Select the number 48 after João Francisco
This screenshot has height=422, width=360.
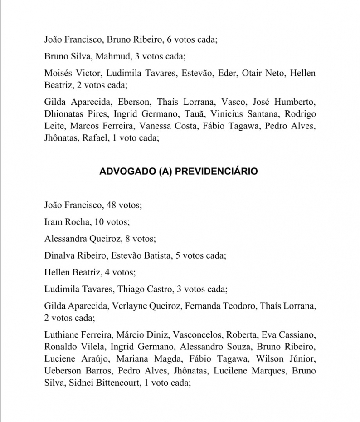point(111,205)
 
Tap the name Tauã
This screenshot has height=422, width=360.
point(194,113)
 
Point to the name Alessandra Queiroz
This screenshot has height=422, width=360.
point(83,239)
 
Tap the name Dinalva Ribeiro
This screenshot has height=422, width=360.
point(75,255)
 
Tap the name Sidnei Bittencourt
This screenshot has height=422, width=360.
point(103,383)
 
